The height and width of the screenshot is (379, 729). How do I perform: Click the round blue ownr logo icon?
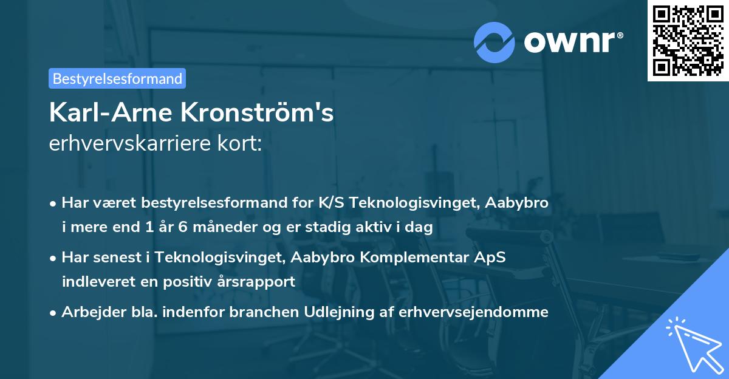[x=495, y=41]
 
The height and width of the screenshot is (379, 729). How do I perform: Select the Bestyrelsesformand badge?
[x=117, y=78]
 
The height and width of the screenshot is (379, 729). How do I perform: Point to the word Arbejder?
[x=89, y=312]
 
